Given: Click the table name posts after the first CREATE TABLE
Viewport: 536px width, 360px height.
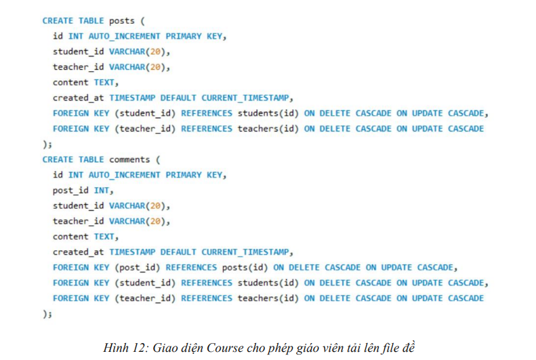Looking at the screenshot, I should (x=122, y=21).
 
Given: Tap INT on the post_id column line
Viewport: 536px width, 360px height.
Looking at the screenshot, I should (x=104, y=191).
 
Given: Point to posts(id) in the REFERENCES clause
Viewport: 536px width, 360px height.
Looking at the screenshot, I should (x=245, y=267).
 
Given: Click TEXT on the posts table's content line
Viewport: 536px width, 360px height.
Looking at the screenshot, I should (x=104, y=83).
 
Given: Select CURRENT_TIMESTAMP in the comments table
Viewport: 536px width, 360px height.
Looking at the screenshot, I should (x=247, y=252).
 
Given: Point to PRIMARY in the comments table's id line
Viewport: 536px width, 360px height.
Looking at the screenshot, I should (x=185, y=175).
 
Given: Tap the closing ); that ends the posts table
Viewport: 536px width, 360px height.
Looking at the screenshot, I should (x=47, y=144).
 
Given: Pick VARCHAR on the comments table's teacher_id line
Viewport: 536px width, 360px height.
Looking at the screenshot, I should (x=129, y=221).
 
